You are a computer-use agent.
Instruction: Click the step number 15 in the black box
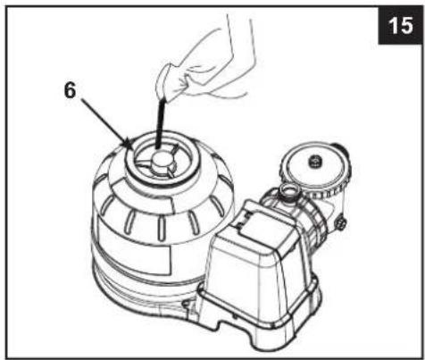click(x=401, y=25)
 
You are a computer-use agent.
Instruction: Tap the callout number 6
click(x=71, y=90)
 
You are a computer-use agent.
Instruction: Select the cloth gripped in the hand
click(x=171, y=81)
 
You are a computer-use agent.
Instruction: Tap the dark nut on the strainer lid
click(x=315, y=162)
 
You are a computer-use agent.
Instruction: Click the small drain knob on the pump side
click(x=341, y=223)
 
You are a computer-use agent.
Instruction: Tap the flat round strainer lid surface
click(x=315, y=166)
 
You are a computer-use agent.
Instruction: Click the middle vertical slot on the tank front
click(x=162, y=228)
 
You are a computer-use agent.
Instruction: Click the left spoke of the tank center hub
click(x=144, y=163)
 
